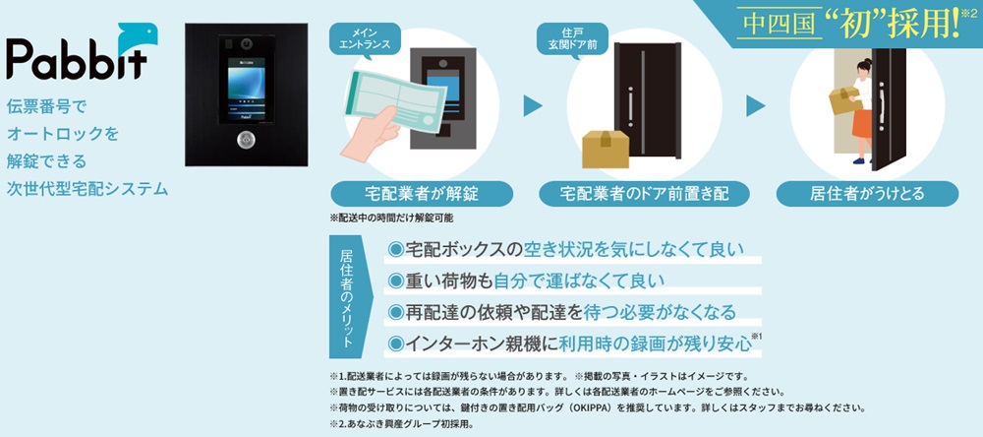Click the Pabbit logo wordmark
[x=77, y=60]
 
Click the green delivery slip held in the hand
[x=395, y=101]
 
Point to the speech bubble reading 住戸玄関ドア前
[x=572, y=38]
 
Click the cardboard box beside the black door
[x=605, y=149]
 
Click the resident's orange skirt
[x=862, y=123]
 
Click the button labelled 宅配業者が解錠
[x=422, y=193]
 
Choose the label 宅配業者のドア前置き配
[x=644, y=193]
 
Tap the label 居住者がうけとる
[x=867, y=193]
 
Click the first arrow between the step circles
[x=532, y=105]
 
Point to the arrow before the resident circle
[x=755, y=105]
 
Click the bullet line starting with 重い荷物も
[x=525, y=281]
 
